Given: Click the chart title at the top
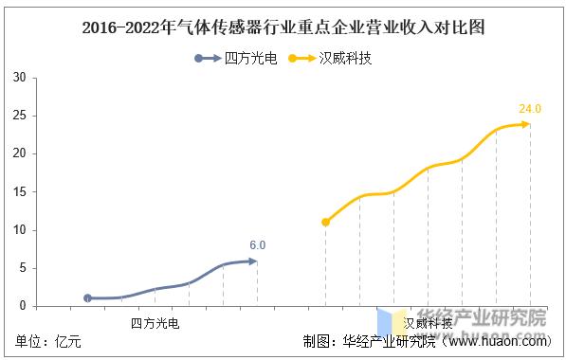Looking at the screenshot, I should [283, 27].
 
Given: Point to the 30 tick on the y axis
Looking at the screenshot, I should [18, 78].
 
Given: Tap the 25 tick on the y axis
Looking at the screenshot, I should [18, 116].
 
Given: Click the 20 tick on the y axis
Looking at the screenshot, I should [18, 153].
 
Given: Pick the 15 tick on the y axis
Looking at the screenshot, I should [18, 192].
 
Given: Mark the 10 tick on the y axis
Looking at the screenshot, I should [18, 230].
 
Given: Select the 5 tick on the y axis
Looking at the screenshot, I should [21, 268].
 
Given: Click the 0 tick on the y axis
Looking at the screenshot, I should [21, 306].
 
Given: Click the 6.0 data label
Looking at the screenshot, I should [258, 245].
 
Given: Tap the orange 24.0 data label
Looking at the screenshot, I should [529, 109].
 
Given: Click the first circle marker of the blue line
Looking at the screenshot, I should [87, 297].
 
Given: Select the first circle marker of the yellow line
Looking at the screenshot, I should [326, 222].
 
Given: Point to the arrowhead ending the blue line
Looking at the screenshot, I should [253, 261].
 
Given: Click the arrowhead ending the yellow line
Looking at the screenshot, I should [526, 124].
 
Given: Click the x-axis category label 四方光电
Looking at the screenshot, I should [155, 323].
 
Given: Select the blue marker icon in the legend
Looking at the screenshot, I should [199, 58].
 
